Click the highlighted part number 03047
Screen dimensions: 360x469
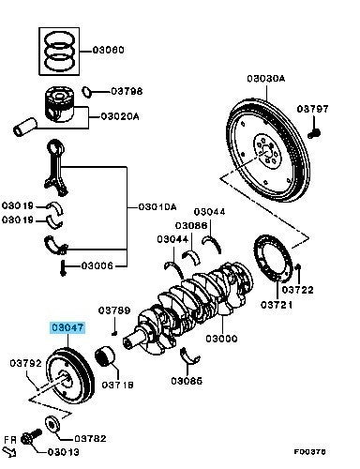point(67,327)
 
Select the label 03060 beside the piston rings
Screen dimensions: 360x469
point(109,50)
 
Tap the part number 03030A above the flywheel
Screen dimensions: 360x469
point(266,78)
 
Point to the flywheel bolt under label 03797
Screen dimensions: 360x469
point(314,134)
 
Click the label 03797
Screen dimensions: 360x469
point(313,109)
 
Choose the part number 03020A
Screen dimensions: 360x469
point(120,116)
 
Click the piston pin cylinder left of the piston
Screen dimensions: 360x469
point(25,127)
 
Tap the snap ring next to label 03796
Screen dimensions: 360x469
point(86,92)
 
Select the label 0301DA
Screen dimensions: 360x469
point(157,206)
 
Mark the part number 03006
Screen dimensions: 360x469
point(97,265)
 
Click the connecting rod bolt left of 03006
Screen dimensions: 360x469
point(63,268)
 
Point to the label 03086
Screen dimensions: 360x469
point(191,225)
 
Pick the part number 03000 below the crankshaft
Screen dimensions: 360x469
point(221,339)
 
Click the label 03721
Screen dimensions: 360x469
point(277,304)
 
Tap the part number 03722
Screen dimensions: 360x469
point(297,290)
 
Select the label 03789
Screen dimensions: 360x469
point(114,310)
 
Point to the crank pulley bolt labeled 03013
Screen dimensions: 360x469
point(31,437)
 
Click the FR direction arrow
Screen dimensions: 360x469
point(9,452)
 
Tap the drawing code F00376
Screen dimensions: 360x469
point(309,451)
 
